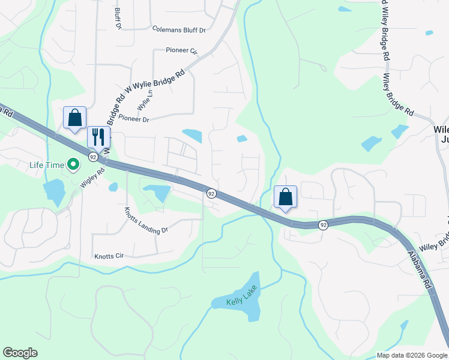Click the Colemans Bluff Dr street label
click(179, 29)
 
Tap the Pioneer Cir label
click(184, 52)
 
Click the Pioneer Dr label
click(133, 119)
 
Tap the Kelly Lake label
click(242, 302)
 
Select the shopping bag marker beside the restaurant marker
click(74, 118)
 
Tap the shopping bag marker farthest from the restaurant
click(286, 196)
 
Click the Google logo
click(20, 353)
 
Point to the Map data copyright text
click(411, 355)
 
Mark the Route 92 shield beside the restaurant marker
click(93, 157)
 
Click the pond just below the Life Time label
click(53, 191)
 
